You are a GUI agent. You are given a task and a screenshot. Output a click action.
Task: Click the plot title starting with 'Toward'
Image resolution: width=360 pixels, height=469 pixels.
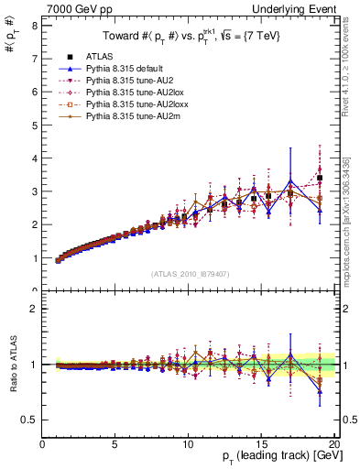point(190,37)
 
